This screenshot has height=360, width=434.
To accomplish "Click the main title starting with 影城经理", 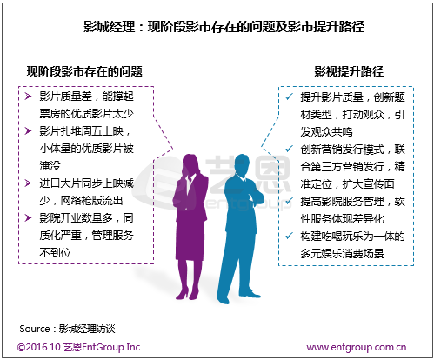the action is (224, 27).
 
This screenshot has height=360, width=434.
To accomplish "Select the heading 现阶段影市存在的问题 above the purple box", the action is (84, 71).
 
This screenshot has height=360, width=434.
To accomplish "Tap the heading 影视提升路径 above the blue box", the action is (349, 71).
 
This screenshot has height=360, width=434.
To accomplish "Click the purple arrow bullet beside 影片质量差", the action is (28, 97).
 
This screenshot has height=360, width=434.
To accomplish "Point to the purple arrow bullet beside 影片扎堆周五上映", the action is (28, 131).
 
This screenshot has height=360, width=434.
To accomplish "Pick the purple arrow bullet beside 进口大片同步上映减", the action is (28, 183).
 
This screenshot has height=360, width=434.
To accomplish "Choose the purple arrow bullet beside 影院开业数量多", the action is (28, 218).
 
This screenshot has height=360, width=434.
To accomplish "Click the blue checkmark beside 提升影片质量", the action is (289, 97).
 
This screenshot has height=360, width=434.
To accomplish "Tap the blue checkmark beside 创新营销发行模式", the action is (289, 149).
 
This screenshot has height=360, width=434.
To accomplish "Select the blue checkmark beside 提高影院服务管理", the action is (289, 201).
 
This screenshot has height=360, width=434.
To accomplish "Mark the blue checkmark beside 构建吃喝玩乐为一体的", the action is (289, 236).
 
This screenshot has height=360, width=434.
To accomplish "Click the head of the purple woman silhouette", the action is (190, 164).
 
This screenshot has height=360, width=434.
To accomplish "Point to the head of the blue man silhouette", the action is (241, 164).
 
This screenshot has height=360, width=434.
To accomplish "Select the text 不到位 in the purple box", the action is (55, 253).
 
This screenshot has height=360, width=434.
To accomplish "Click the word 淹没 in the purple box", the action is (50, 166).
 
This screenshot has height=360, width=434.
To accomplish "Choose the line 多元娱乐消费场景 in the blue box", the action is (342, 253).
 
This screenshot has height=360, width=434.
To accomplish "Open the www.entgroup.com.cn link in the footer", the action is (357, 347).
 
